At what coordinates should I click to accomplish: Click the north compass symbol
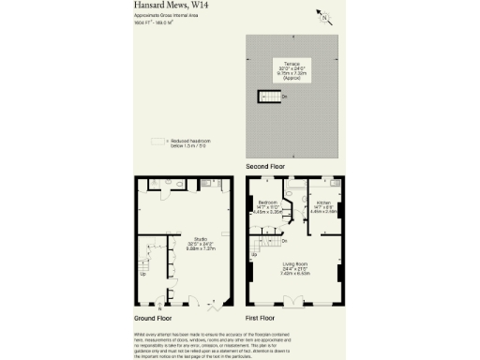pos(324,17)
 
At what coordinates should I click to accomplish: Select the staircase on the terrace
pos(267,96)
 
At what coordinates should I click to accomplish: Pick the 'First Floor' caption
pos(263,318)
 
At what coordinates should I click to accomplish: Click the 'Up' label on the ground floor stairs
pos(142,274)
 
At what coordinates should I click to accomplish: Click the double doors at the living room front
pos(294,300)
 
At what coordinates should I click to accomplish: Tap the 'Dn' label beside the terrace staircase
pos(285,96)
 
